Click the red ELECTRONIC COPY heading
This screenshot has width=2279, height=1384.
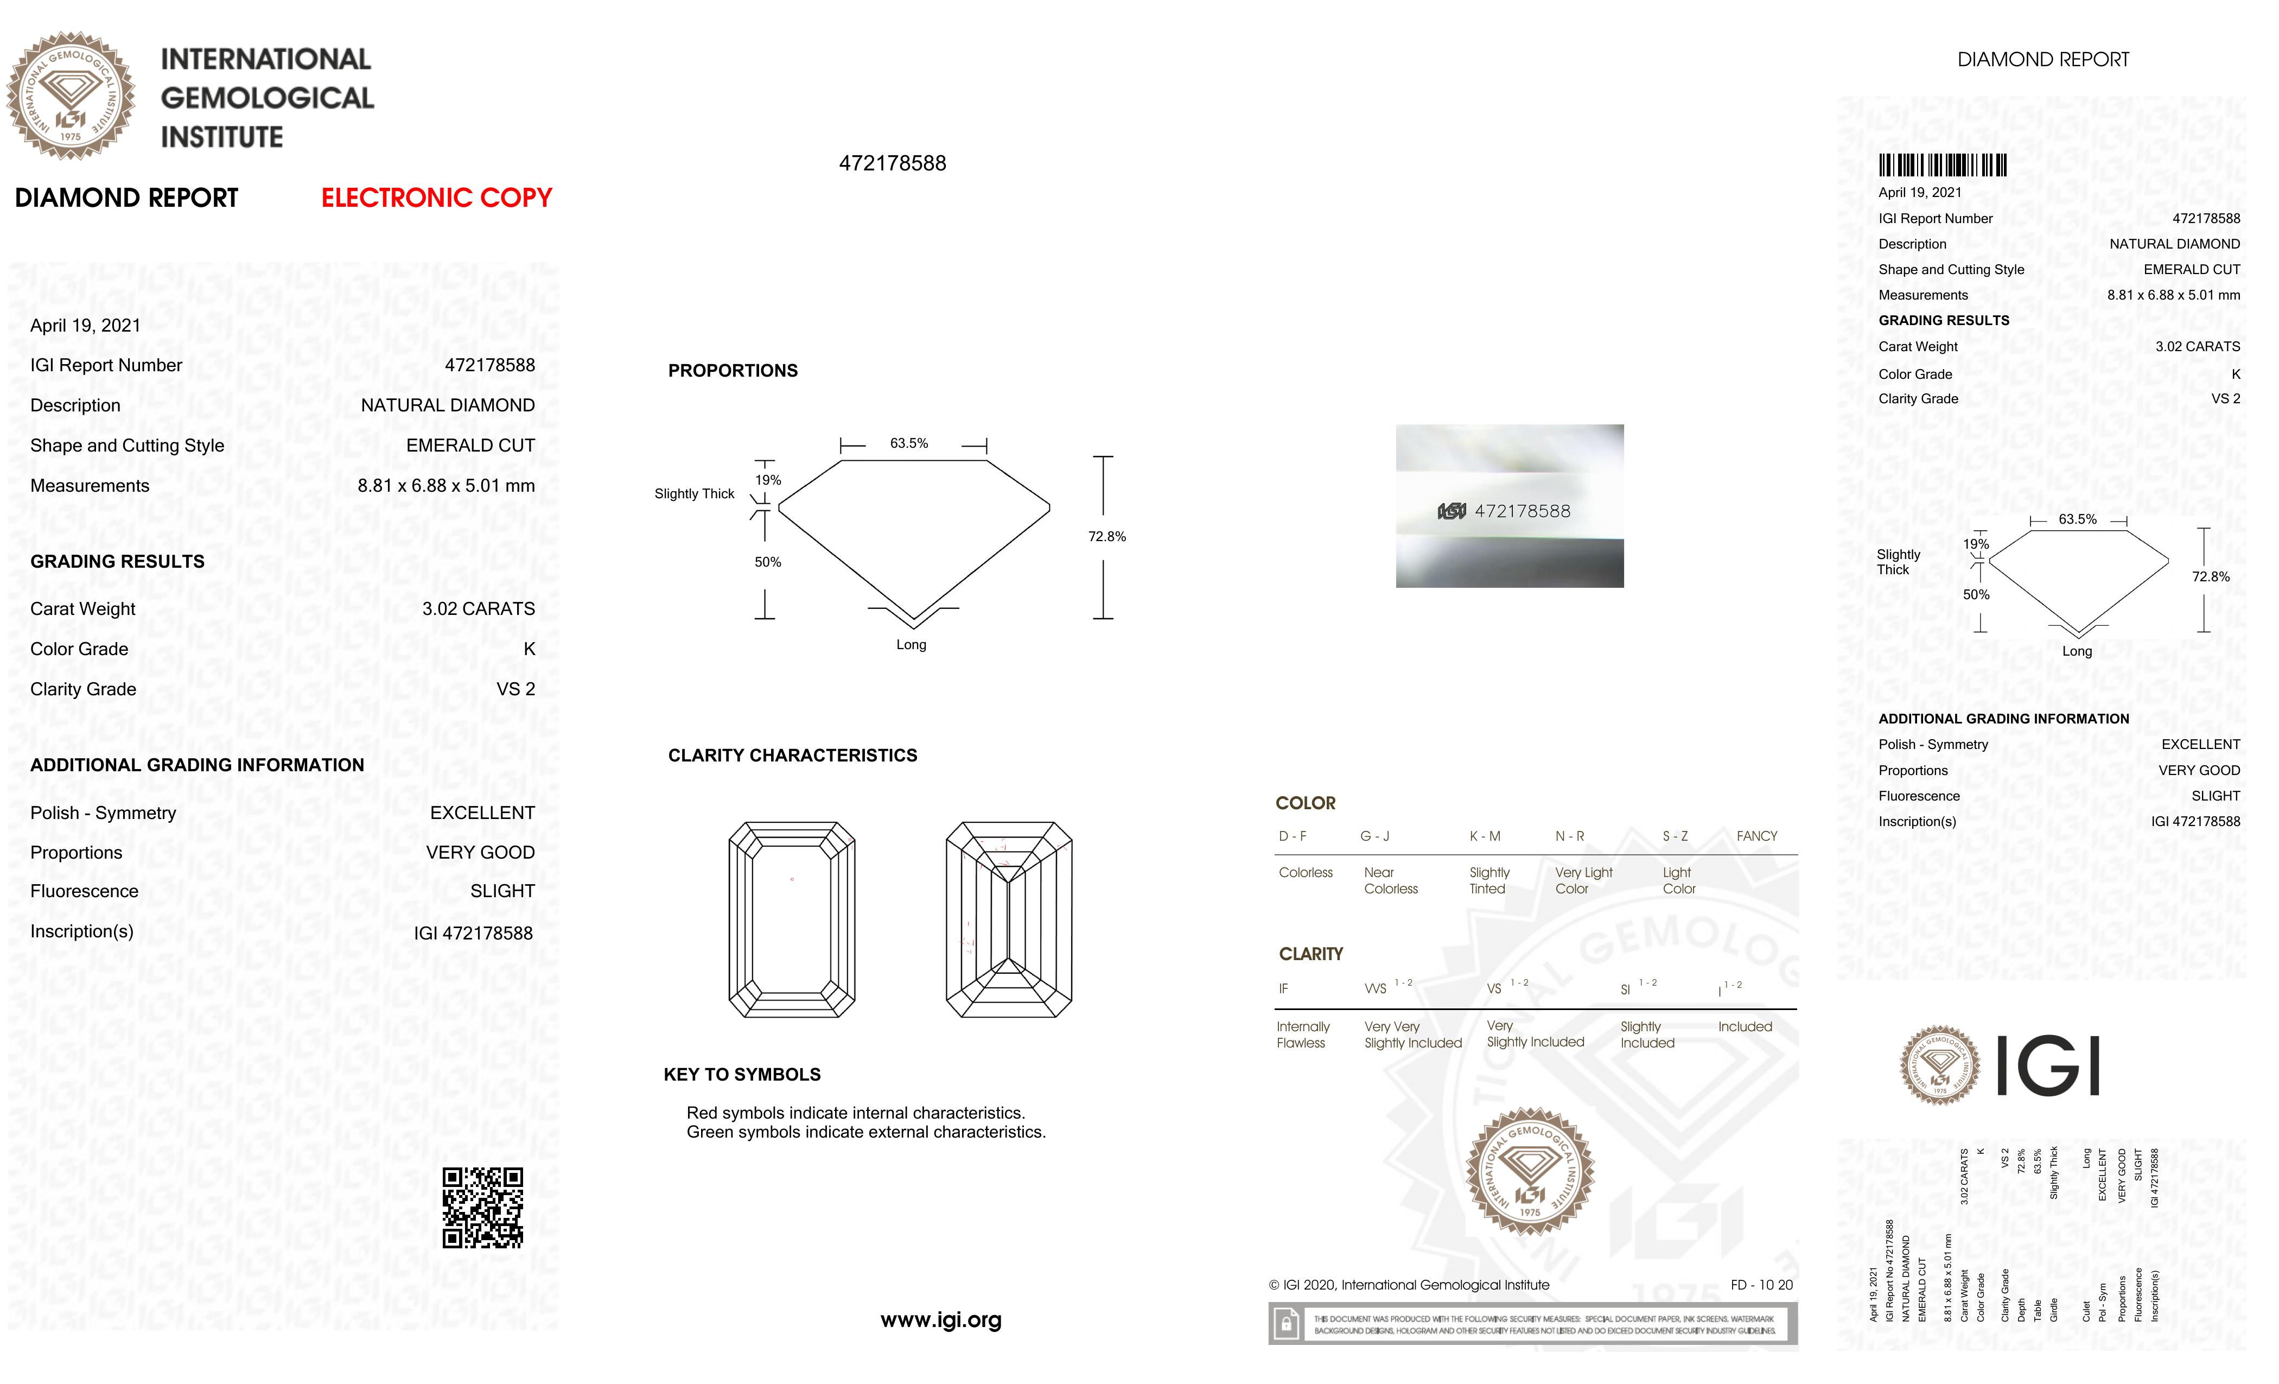[437, 198]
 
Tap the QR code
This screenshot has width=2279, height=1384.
[483, 1207]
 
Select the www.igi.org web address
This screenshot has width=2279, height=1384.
[941, 1320]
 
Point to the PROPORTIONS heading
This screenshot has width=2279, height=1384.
[733, 371]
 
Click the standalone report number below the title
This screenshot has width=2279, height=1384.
[893, 164]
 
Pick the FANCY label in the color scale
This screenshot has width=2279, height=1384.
[1756, 836]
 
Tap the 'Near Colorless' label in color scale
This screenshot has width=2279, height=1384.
[1390, 881]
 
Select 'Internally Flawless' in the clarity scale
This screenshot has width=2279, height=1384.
[1302, 1034]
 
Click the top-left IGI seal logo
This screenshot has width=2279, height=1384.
[71, 96]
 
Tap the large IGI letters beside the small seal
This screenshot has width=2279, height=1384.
[2048, 1066]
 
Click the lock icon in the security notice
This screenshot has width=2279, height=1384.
[1285, 1325]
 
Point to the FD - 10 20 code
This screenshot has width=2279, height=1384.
[1761, 1285]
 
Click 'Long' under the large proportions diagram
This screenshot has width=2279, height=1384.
[911, 645]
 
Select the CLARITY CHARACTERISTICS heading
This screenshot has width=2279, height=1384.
[793, 756]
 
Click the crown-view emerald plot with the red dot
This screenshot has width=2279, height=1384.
[792, 919]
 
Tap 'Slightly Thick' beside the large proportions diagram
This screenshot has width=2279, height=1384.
[693, 494]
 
